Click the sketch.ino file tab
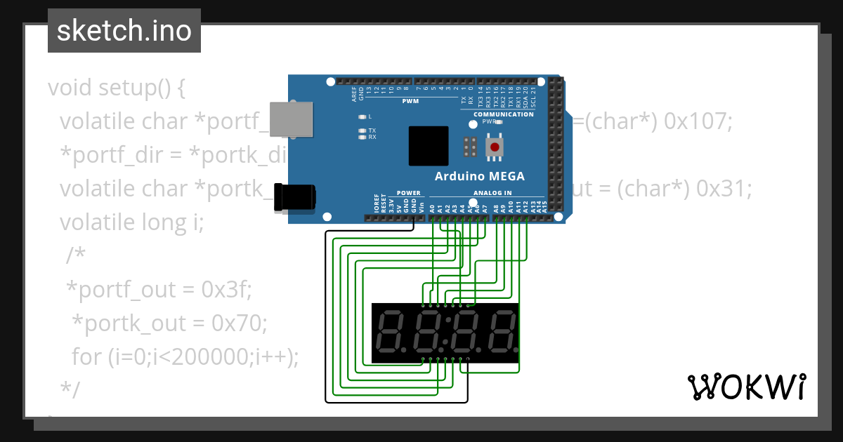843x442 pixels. tap(124, 31)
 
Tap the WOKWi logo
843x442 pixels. tap(746, 387)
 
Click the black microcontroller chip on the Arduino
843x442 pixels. tap(429, 146)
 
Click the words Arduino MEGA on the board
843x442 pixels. tap(479, 176)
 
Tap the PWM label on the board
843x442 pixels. tap(410, 101)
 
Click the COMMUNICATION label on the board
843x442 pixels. tap(504, 114)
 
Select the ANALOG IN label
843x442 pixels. tap(492, 193)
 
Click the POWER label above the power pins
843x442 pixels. tap(409, 193)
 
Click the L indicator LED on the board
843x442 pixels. tap(362, 116)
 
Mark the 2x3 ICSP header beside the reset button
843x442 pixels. tap(471, 147)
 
